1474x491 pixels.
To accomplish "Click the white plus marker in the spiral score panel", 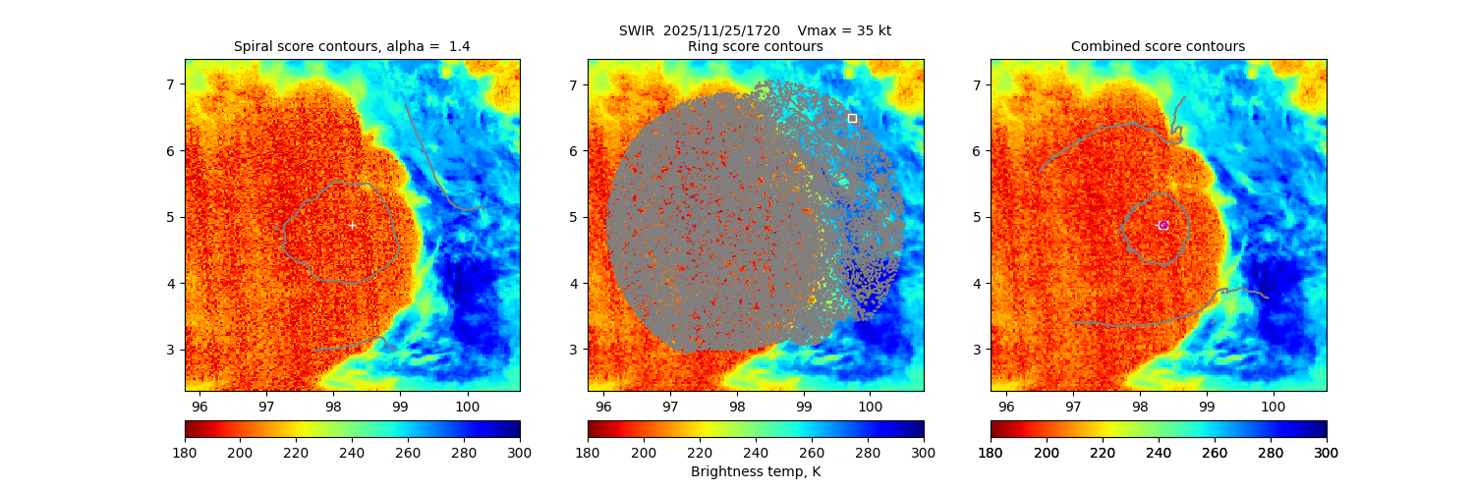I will [x=352, y=225].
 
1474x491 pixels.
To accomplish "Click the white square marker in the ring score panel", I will [x=852, y=118].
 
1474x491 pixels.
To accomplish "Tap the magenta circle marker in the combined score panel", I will [x=1163, y=225].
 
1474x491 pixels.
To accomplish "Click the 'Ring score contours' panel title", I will [x=755, y=46].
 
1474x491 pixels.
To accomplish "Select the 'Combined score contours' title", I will [x=1158, y=46].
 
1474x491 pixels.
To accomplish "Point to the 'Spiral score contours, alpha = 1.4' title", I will [x=352, y=46].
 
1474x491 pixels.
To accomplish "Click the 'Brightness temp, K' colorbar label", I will [x=755, y=471].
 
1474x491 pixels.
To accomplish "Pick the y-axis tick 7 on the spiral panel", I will [x=170, y=84].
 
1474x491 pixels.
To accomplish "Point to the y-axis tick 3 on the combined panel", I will [x=976, y=350].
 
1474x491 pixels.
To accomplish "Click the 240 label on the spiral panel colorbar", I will [x=352, y=453].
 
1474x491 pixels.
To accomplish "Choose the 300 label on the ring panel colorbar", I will [x=923, y=453].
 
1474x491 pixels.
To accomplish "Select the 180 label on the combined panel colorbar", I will [x=991, y=453].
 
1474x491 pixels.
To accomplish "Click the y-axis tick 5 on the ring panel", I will [x=573, y=217].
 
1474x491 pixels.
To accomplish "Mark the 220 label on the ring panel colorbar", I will [x=700, y=453].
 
